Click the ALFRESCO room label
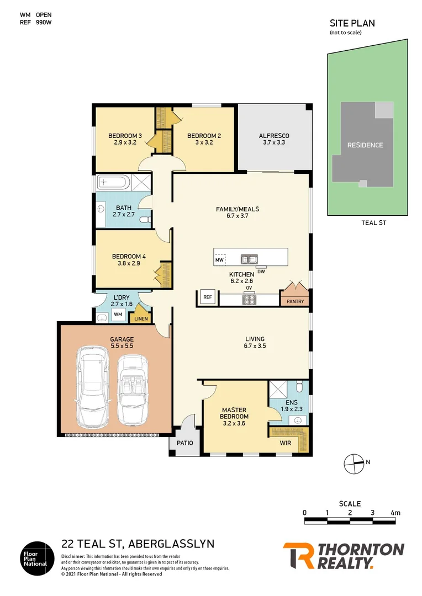(x=274, y=136)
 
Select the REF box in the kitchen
(x=207, y=297)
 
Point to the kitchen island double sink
(x=250, y=258)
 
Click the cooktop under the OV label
(x=250, y=300)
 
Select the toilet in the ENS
(x=298, y=386)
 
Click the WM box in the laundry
(x=118, y=315)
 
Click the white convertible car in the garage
(x=133, y=389)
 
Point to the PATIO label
(x=184, y=443)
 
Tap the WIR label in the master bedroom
(x=286, y=443)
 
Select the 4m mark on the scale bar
(x=395, y=513)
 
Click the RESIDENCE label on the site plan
(x=365, y=145)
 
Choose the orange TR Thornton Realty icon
(x=298, y=556)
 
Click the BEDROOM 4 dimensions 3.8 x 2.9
(x=129, y=264)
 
